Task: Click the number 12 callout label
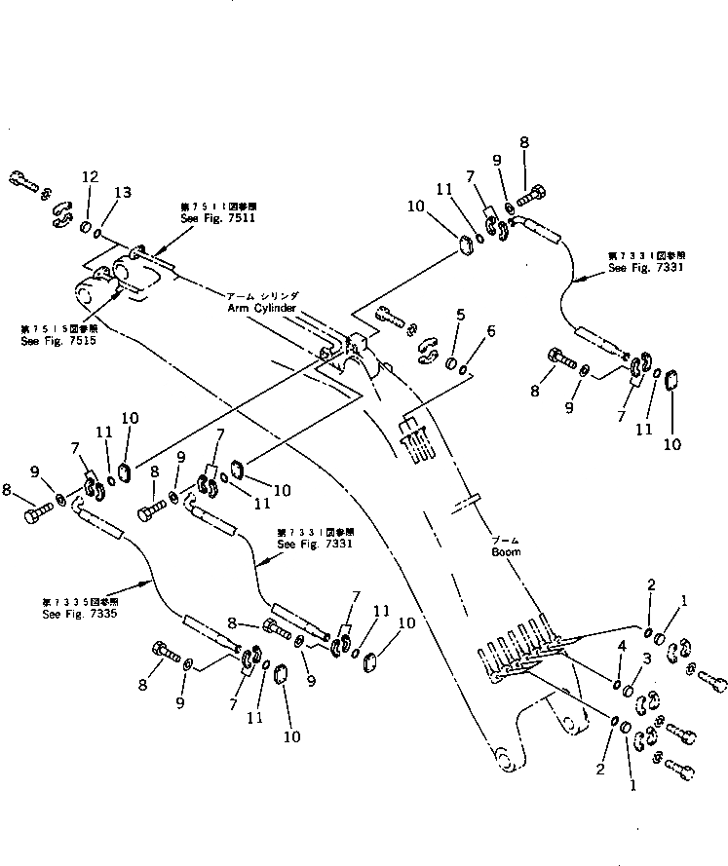(x=90, y=176)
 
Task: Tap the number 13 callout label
(x=122, y=192)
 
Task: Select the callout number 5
(x=460, y=314)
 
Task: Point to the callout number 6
(x=490, y=331)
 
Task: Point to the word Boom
(x=505, y=551)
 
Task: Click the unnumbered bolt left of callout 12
(x=22, y=180)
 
